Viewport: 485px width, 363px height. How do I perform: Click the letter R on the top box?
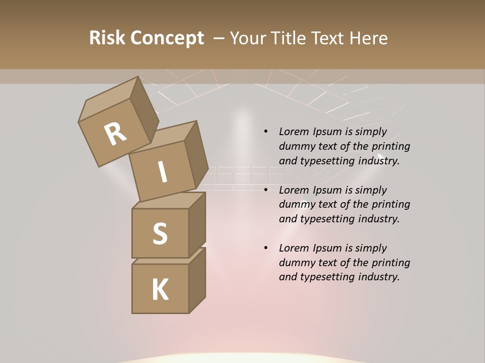pyautogui.click(x=115, y=134)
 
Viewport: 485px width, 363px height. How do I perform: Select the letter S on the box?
pyautogui.click(x=160, y=233)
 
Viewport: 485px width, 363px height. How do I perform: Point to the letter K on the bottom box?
pyautogui.click(x=160, y=289)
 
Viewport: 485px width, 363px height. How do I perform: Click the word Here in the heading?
pyautogui.click(x=369, y=38)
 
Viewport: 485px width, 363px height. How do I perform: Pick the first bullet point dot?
pyautogui.click(x=266, y=132)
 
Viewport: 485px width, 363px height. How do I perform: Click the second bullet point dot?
pyautogui.click(x=266, y=190)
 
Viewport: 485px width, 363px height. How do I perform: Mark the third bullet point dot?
pyautogui.click(x=266, y=248)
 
